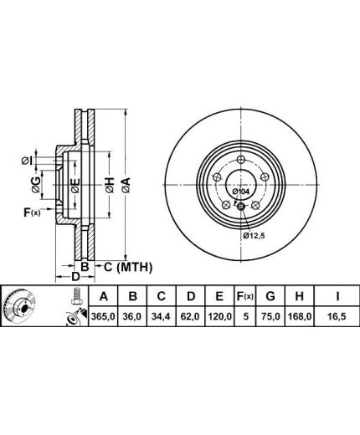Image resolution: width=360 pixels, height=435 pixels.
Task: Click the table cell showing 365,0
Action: coord(103,316)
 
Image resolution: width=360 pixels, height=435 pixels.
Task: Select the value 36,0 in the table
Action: coord(132,316)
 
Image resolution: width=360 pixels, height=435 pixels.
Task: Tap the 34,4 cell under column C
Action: coord(161,316)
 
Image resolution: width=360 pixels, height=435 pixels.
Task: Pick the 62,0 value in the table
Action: coord(190,316)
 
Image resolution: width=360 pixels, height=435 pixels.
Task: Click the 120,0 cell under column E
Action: coord(219,316)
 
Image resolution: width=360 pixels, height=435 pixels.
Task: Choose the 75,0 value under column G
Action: coord(270,316)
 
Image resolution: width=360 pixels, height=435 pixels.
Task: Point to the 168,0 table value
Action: coord(300,316)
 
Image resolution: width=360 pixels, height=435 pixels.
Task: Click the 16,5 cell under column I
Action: coord(337,316)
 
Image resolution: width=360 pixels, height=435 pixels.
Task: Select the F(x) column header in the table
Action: coord(244,296)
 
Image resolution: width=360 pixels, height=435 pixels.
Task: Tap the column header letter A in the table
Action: coord(103,296)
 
